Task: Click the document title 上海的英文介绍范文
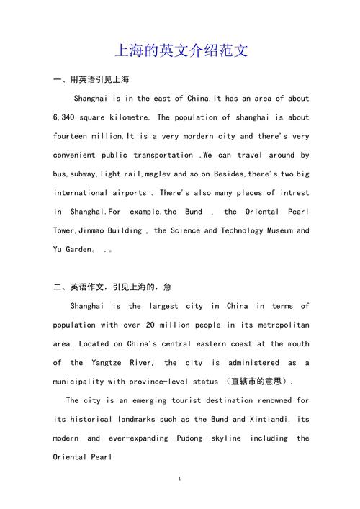181,51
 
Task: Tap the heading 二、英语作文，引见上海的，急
112,287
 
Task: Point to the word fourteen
71,136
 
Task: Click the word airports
130,193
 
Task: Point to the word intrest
293,193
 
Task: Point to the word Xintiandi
253,419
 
